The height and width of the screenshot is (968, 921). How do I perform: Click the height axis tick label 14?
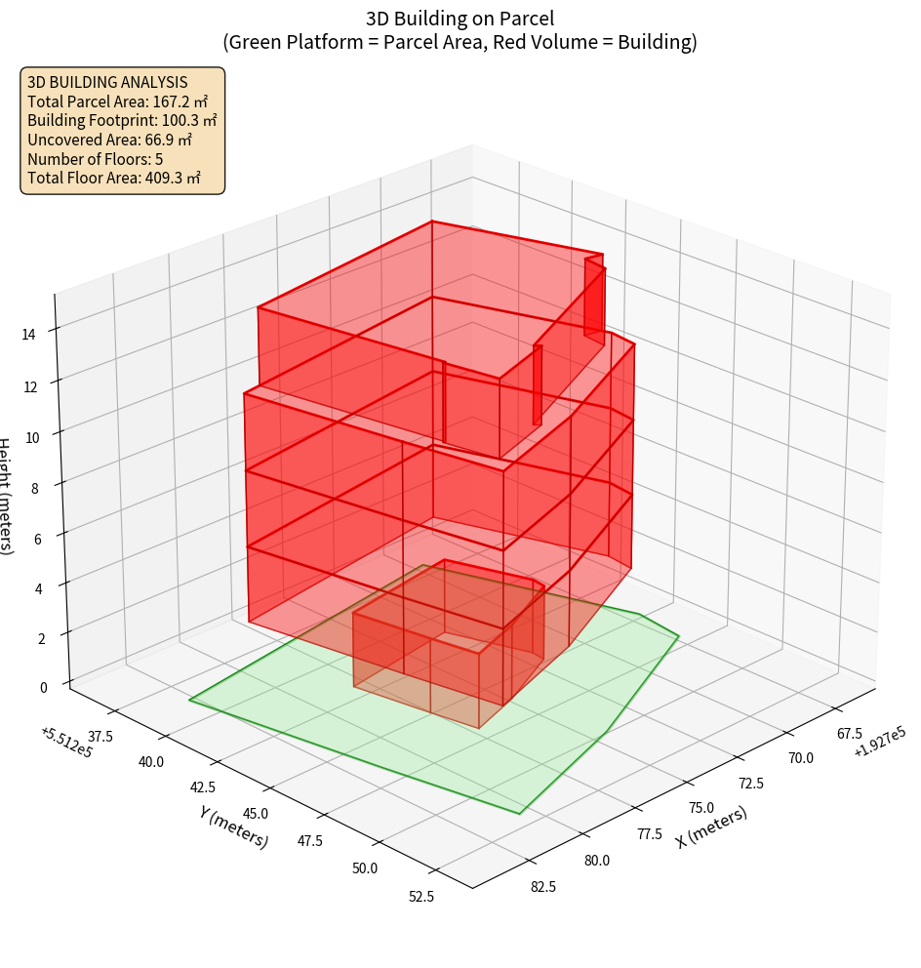(x=29, y=334)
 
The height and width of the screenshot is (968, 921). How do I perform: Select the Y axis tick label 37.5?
(x=100, y=734)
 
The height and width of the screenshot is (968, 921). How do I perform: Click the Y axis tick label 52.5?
(x=423, y=897)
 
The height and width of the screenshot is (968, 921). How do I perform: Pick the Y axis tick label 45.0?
(x=253, y=813)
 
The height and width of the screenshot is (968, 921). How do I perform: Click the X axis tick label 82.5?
(x=543, y=886)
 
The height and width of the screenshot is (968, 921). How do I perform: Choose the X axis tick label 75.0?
(x=701, y=807)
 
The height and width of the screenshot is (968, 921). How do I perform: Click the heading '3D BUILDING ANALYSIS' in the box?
(x=107, y=82)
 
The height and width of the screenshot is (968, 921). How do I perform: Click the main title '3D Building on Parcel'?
(x=460, y=18)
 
